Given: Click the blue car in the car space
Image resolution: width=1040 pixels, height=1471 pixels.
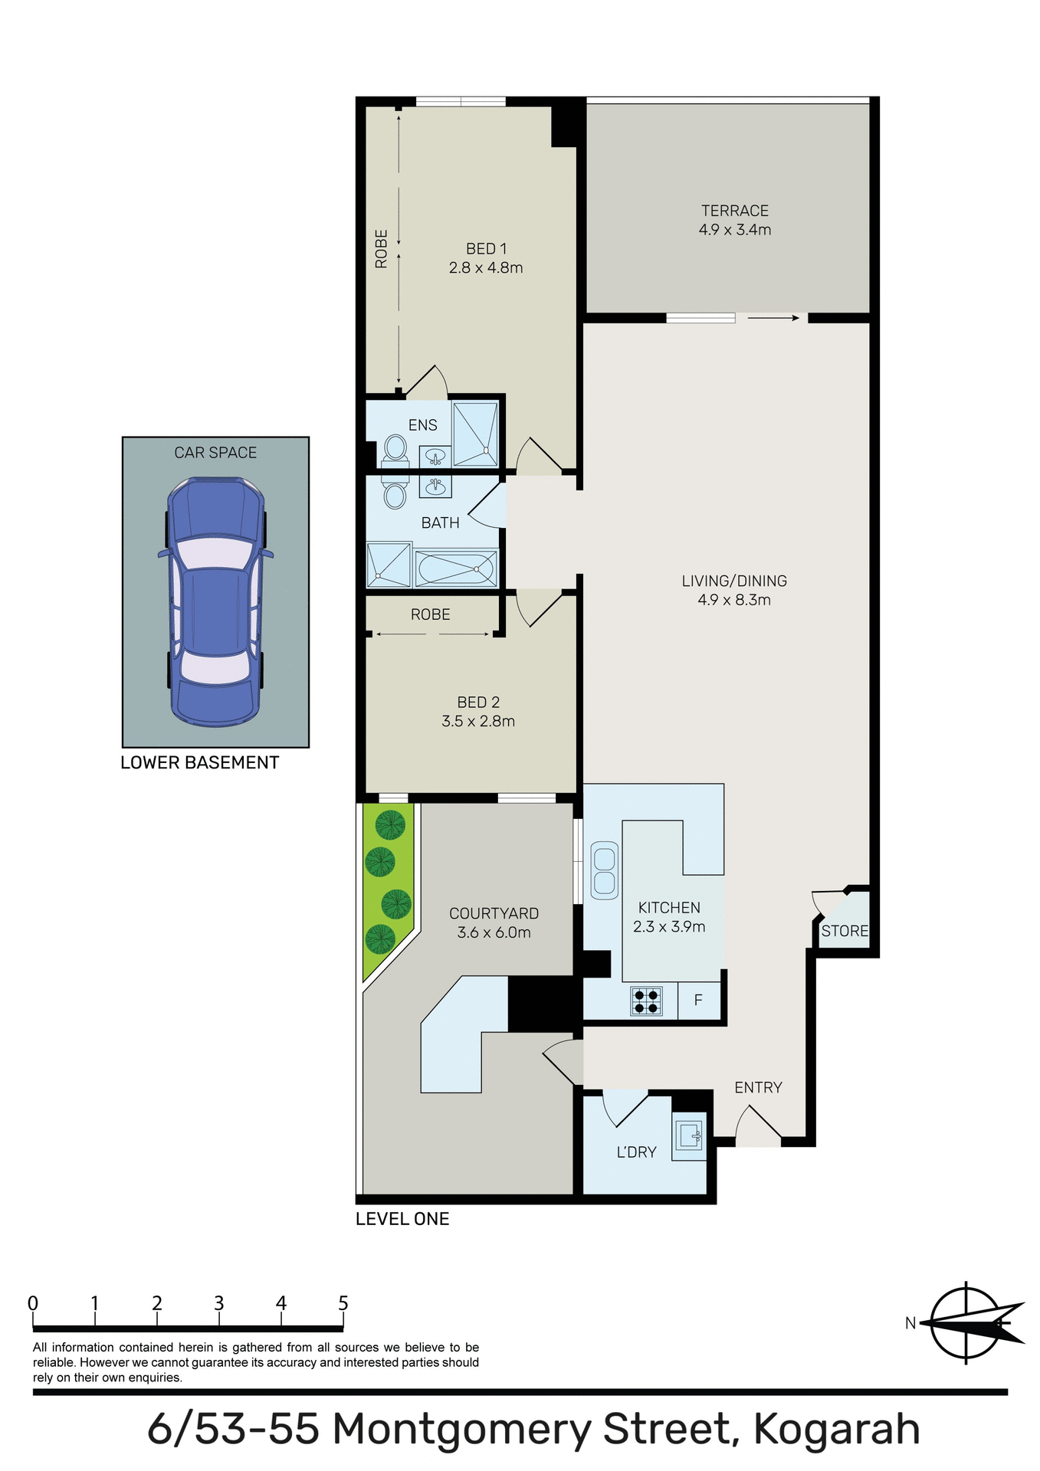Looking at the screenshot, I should pyautogui.click(x=215, y=601).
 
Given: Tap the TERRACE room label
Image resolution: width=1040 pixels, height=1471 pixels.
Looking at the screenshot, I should pyautogui.click(x=734, y=211).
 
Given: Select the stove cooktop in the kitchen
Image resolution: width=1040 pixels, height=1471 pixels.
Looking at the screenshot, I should pyautogui.click(x=646, y=1001).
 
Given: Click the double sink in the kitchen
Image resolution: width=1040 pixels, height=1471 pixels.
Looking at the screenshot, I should pyautogui.click(x=604, y=870).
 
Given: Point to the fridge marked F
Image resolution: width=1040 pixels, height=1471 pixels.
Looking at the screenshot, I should pyautogui.click(x=698, y=1001).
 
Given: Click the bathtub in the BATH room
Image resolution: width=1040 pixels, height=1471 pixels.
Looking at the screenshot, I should pyautogui.click(x=457, y=568).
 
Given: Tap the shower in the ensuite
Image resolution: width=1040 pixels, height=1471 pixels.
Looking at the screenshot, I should pyautogui.click(x=475, y=434).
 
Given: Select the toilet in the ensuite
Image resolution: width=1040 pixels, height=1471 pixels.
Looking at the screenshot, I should pyautogui.click(x=395, y=449).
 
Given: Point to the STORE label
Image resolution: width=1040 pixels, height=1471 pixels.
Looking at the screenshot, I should pyautogui.click(x=845, y=932).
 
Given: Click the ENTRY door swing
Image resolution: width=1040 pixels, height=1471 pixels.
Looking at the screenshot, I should pyautogui.click(x=757, y=1126).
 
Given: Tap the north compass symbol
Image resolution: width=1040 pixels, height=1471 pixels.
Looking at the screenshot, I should pyautogui.click(x=972, y=1323).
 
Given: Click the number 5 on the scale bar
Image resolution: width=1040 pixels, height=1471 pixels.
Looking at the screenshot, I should pyautogui.click(x=343, y=1303).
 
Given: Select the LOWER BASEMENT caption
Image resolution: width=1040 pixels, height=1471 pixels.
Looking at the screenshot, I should pyautogui.click(x=199, y=763).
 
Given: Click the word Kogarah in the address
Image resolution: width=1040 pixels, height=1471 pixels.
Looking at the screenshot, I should pyautogui.click(x=836, y=1430).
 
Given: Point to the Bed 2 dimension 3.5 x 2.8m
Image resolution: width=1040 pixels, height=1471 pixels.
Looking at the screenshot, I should pyautogui.click(x=477, y=722).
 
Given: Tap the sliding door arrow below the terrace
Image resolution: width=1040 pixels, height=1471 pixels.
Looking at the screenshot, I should pyautogui.click(x=773, y=318).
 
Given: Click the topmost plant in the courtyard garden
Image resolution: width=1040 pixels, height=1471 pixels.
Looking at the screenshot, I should pyautogui.click(x=390, y=824).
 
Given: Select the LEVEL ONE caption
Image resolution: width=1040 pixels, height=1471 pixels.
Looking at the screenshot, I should pyautogui.click(x=402, y=1219).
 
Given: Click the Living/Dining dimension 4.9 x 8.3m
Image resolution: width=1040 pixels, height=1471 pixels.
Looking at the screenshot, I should pyautogui.click(x=733, y=601).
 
